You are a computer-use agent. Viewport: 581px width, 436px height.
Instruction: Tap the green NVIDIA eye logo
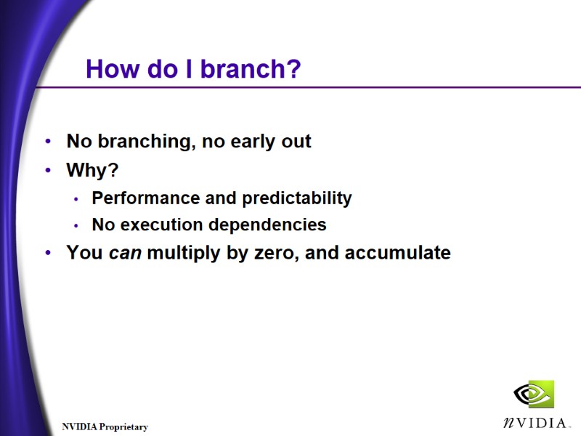(x=534, y=394)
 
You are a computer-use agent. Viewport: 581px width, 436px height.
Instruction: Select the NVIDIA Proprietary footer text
(x=105, y=427)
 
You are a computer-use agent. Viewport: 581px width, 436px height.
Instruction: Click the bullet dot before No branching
(x=48, y=142)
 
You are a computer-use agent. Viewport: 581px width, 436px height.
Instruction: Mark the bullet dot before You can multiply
(x=48, y=253)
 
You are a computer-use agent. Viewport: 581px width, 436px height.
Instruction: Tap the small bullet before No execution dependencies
(x=77, y=226)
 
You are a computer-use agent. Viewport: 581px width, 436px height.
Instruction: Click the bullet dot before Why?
(x=48, y=171)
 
